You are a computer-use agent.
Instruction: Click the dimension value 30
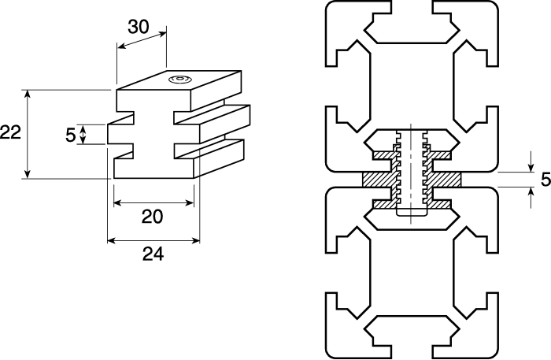pos(139,26)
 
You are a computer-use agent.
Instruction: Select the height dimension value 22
pos(10,133)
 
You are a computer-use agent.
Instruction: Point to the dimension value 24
pos(153,254)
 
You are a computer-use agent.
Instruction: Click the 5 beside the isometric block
pos(71,135)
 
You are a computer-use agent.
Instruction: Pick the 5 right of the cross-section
pos(545,180)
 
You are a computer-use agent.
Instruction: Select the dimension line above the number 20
pos(153,203)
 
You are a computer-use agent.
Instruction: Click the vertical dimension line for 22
pos(28,133)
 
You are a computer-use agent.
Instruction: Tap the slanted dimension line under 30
pos(142,40)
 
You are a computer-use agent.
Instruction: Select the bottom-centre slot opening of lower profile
pos(412,339)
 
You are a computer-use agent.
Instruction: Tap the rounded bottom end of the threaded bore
pos(412,213)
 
